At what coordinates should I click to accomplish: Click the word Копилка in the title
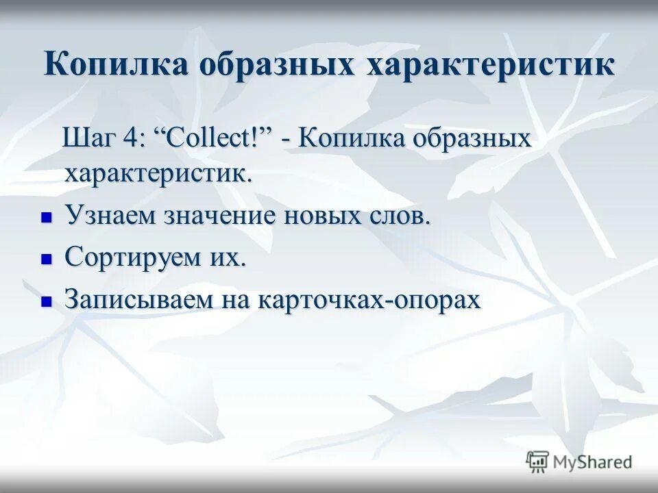point(117,65)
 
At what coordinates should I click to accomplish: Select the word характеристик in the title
point(491,65)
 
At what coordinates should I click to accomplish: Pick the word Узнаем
point(110,216)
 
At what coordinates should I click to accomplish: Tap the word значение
point(219,216)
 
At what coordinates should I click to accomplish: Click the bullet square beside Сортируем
point(47,260)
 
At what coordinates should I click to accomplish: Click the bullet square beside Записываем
point(47,301)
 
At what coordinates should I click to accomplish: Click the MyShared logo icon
point(537,462)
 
